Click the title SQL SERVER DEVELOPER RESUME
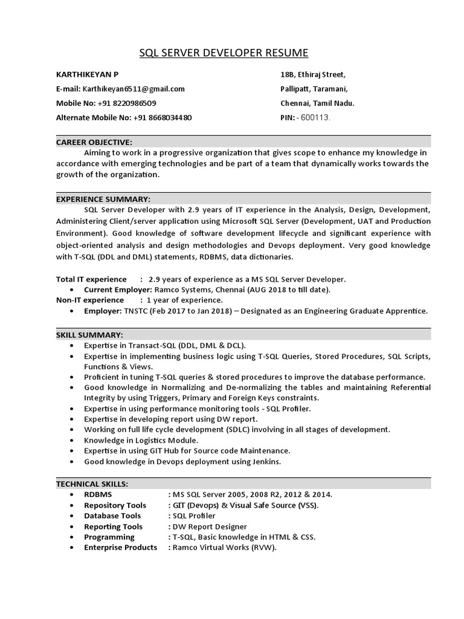pyautogui.click(x=224, y=53)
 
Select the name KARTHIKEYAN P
pyautogui.click(x=87, y=74)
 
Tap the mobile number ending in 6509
pyautogui.click(x=126, y=103)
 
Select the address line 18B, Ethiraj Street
pyautogui.click(x=313, y=74)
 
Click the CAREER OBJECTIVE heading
pyautogui.click(x=94, y=142)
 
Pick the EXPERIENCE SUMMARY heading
pyautogui.click(x=103, y=199)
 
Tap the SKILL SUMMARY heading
pyautogui.click(x=89, y=334)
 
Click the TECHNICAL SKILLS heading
pyautogui.click(x=92, y=484)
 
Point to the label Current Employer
pyautogui.click(x=117, y=290)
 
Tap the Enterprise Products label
pyautogui.click(x=120, y=548)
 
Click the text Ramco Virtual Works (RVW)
pyautogui.click(x=224, y=548)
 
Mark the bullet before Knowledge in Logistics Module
pyautogui.click(x=72, y=440)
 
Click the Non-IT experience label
pyautogui.click(x=91, y=300)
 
